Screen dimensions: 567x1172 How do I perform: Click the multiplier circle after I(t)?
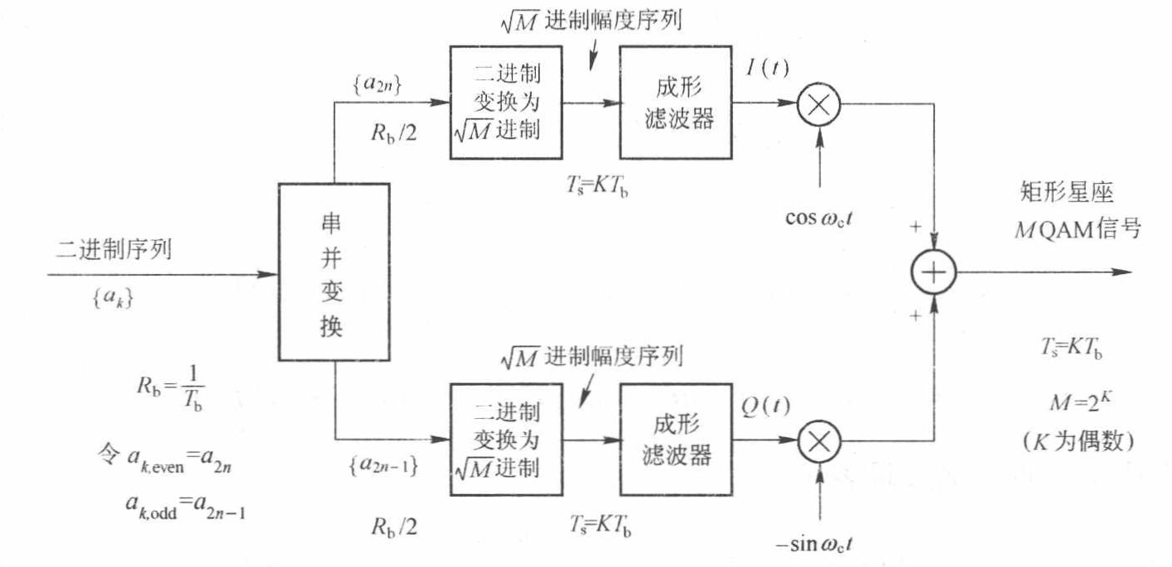tap(818, 104)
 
